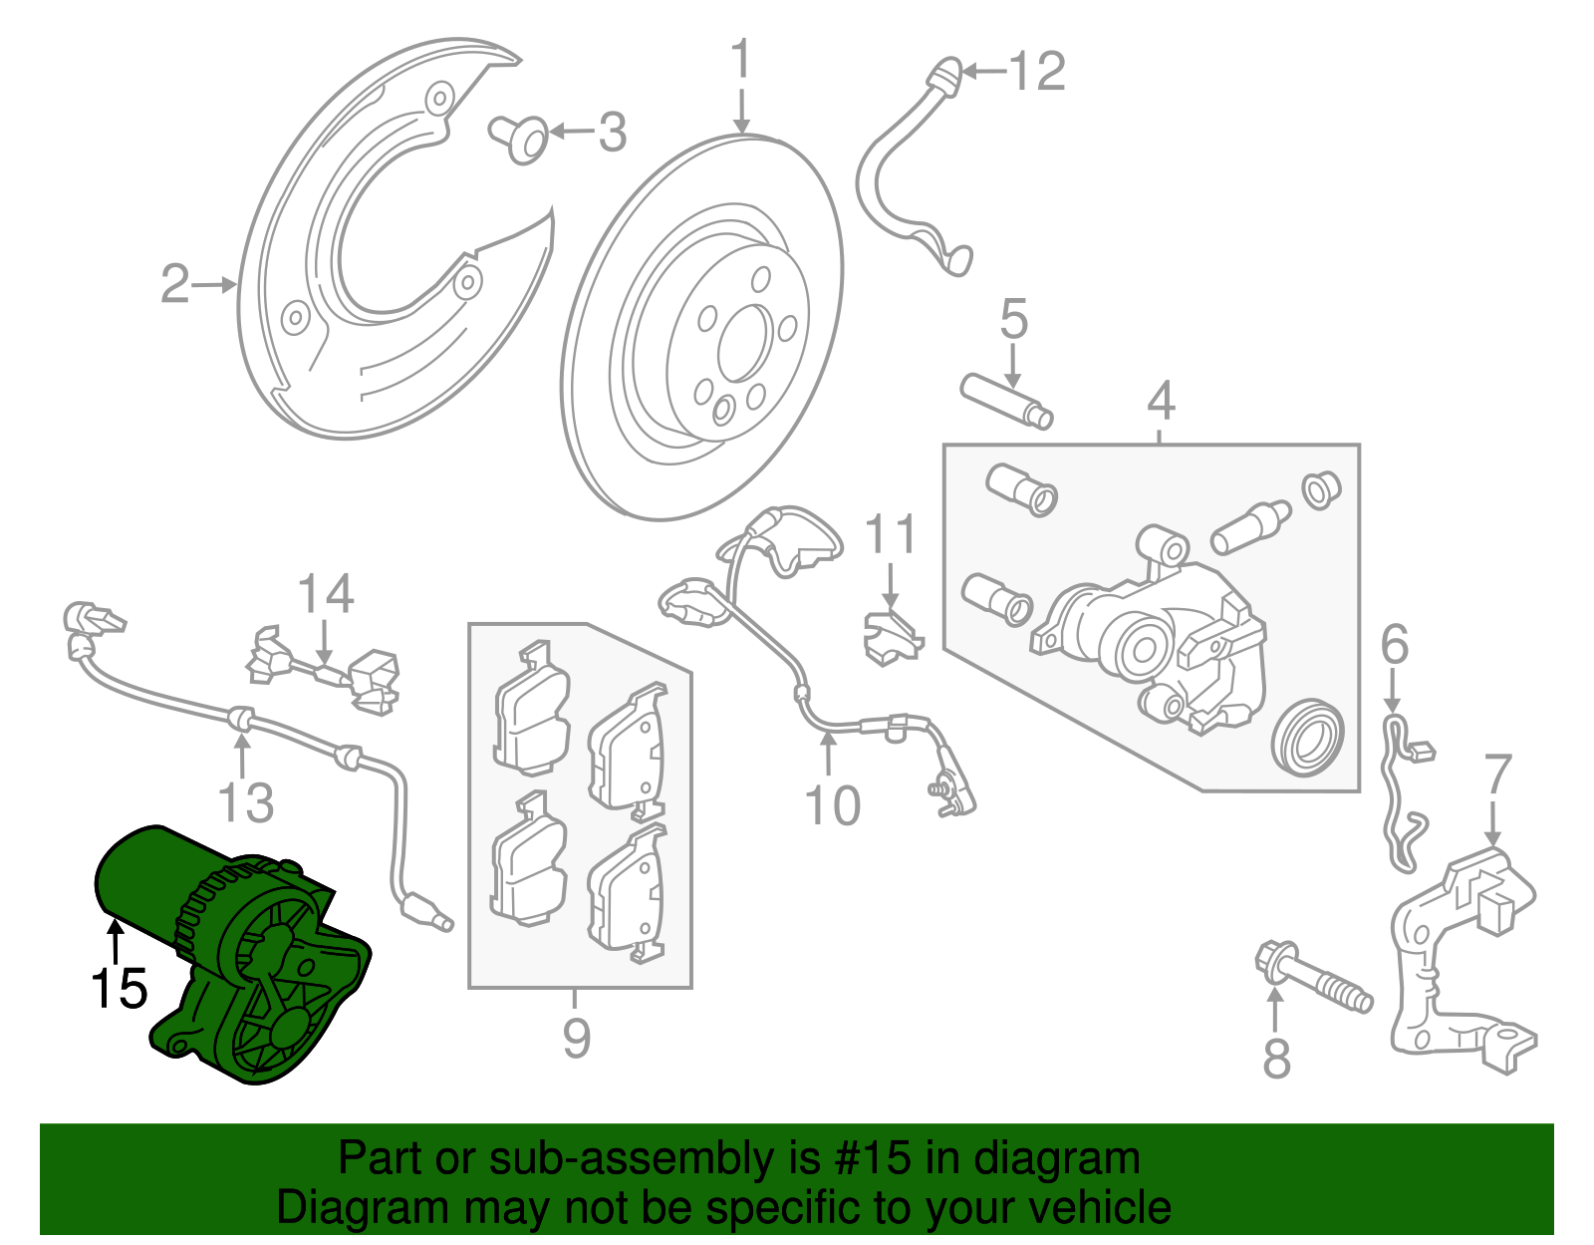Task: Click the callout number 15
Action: click(119, 989)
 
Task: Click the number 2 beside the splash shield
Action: click(174, 285)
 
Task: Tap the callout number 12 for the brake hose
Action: click(1037, 72)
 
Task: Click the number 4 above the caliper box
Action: click(1161, 401)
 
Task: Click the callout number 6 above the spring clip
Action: click(1395, 644)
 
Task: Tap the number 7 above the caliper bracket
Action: click(1497, 776)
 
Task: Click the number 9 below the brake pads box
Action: click(577, 1038)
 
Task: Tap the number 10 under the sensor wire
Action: click(832, 805)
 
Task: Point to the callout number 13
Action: click(245, 802)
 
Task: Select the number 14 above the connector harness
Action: click(326, 594)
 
